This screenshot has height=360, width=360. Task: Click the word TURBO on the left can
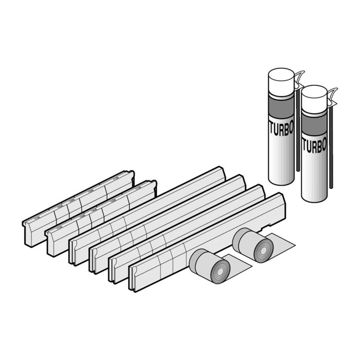pos(280,129)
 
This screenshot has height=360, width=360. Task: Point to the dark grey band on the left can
pos(281,109)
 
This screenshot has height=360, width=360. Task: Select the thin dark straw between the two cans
pos(298,134)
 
